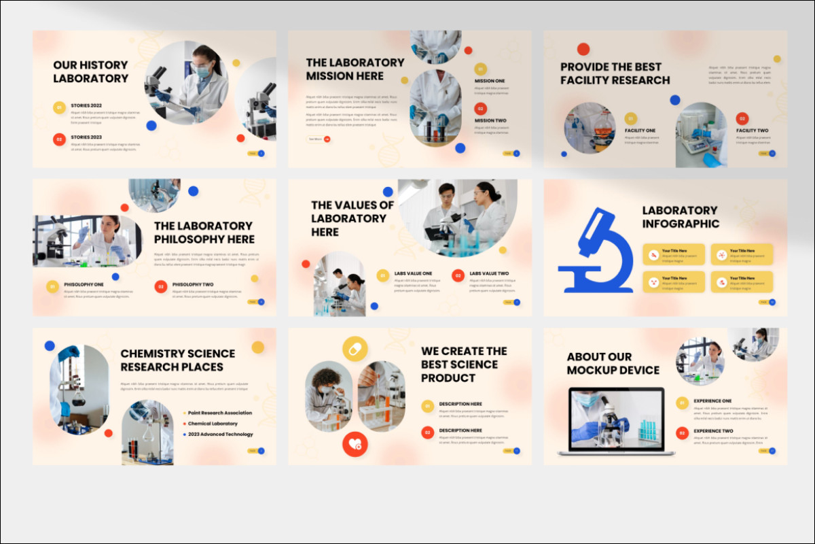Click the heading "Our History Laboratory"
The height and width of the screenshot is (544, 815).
point(90,71)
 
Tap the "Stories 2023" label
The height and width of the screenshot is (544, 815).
point(86,137)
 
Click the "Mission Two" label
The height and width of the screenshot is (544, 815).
point(490,120)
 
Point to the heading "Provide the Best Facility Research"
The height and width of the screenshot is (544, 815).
point(615,73)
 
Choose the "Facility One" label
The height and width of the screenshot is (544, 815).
point(640,131)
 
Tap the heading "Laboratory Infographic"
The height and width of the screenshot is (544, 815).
point(680,217)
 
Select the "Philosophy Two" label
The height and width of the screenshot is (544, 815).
point(193,284)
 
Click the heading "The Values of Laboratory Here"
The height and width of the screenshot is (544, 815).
point(352,218)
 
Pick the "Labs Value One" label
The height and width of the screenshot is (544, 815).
point(413,273)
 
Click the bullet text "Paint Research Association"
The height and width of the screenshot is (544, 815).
point(219,413)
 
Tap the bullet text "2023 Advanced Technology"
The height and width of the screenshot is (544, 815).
point(220,435)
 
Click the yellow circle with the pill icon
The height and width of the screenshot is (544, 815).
point(355,349)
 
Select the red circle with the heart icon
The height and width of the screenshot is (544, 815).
point(355,444)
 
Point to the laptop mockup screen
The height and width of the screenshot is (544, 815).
point(611,420)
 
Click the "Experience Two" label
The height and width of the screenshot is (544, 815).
point(712,431)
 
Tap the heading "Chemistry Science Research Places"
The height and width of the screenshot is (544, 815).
point(177,360)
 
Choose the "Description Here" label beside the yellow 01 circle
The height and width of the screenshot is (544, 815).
point(460,404)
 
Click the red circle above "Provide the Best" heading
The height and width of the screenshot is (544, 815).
point(583,49)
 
